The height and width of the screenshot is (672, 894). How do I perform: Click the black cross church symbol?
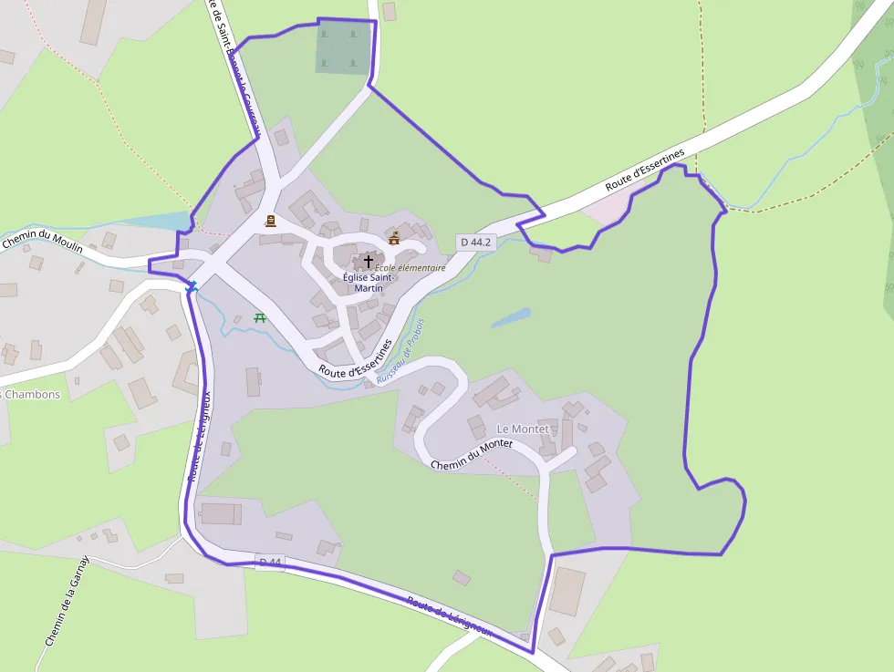click(369, 261)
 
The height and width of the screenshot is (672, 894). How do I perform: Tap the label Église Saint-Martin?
click(369, 282)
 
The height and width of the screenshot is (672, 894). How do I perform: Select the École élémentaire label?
click(411, 268)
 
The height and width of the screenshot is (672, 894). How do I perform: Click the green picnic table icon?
click(260, 317)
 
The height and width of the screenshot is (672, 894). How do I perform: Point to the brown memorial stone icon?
click(270, 221)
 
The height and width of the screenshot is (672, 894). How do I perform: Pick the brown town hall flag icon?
click(394, 238)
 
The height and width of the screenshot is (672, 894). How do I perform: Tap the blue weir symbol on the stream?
click(192, 287)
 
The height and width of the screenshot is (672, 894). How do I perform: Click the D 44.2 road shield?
click(476, 243)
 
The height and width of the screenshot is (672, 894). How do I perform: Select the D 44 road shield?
click(270, 563)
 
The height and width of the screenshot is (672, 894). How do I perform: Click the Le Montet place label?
click(523, 429)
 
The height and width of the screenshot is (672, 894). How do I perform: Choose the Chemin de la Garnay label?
click(68, 602)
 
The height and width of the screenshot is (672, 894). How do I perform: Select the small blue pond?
click(511, 318)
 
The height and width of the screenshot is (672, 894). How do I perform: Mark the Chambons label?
click(31, 395)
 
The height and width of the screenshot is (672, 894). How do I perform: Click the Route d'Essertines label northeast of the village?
click(645, 171)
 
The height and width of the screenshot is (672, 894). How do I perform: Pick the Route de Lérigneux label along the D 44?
click(450, 616)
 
